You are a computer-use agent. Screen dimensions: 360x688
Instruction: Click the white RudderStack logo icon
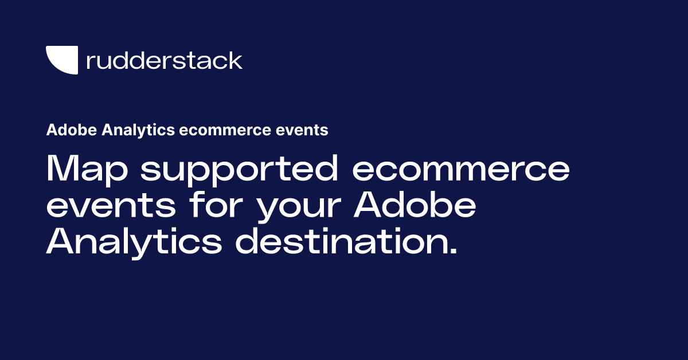tap(61, 60)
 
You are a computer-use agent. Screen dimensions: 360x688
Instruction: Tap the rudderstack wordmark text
tap(164, 60)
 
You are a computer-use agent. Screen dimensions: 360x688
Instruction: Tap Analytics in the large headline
tap(134, 242)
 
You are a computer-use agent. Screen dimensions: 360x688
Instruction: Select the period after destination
tap(453, 252)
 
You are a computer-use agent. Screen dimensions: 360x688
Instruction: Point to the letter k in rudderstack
tap(236, 60)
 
